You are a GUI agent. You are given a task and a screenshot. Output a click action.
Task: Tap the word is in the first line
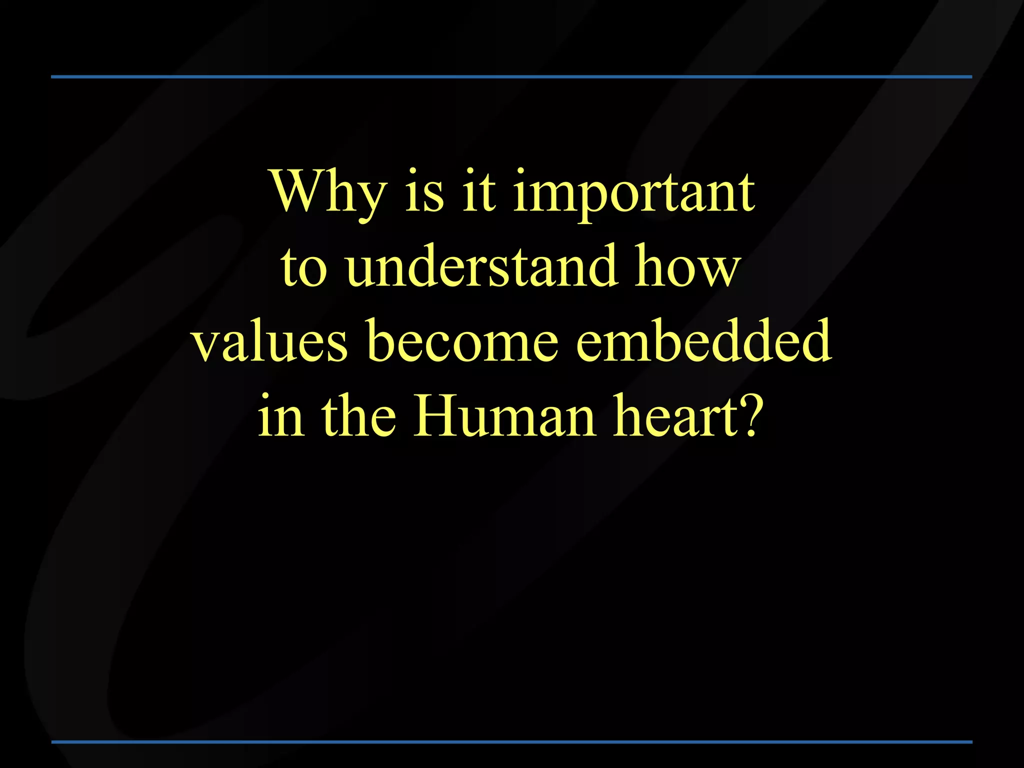[x=424, y=192]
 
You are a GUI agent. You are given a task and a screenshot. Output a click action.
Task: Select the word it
[x=479, y=192]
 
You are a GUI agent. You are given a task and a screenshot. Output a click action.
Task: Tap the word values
[x=270, y=342]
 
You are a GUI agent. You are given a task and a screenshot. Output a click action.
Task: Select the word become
[x=462, y=341]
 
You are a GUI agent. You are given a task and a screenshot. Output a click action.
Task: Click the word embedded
[x=703, y=341]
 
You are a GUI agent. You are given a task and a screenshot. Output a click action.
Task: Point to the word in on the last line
[x=280, y=416]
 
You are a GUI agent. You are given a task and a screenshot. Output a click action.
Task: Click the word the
[x=359, y=415]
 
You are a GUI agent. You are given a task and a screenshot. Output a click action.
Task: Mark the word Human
[x=504, y=415]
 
